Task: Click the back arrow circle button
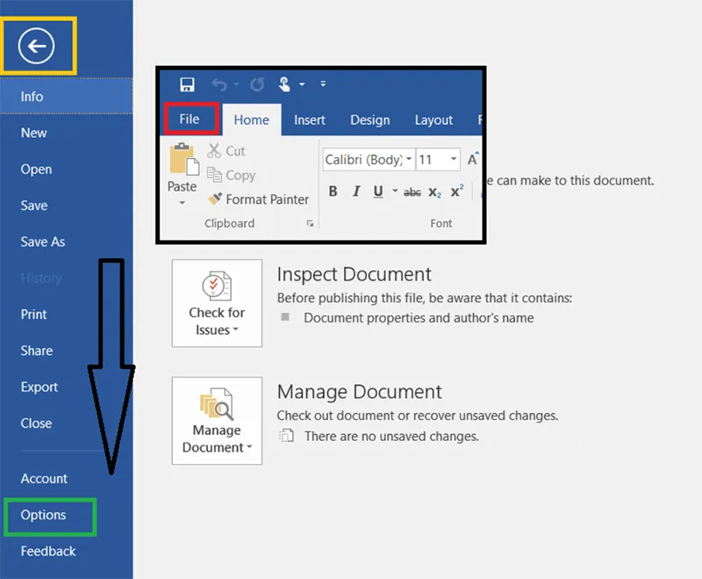(x=36, y=46)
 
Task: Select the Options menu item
(x=43, y=515)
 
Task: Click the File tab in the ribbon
(x=190, y=119)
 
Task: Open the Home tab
(x=251, y=119)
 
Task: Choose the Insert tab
(x=310, y=119)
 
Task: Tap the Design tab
(x=369, y=119)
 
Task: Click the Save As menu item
(x=42, y=242)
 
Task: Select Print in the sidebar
(x=33, y=315)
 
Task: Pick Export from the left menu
(x=39, y=387)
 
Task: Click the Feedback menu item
(x=48, y=551)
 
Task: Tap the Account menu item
(x=44, y=478)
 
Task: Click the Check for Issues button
(x=217, y=303)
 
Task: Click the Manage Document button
(x=217, y=420)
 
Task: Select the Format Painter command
(x=258, y=199)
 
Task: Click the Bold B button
(x=333, y=192)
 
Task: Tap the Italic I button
(x=356, y=192)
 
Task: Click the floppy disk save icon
(x=187, y=83)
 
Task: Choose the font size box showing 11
(x=438, y=159)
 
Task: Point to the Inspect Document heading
(x=354, y=274)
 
